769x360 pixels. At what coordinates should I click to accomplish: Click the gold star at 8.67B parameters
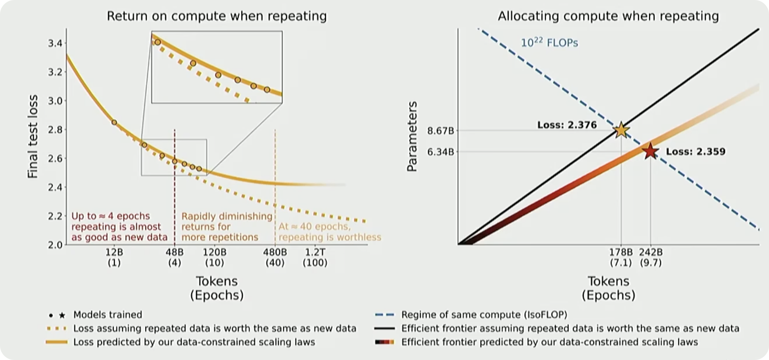(621, 130)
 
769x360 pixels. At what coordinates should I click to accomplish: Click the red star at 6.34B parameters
(650, 152)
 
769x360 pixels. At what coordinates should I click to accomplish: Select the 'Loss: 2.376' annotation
(567, 125)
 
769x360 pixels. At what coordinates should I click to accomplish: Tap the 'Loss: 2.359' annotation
(695, 152)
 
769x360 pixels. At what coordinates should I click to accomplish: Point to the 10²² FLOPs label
(549, 43)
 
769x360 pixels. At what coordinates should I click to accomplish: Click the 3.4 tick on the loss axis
(52, 43)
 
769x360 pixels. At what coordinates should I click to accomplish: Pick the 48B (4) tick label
(174, 258)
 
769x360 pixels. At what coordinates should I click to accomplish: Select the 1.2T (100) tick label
(315, 258)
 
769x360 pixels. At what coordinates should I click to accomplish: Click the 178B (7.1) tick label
(621, 258)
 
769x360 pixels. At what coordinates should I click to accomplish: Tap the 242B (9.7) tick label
(650, 258)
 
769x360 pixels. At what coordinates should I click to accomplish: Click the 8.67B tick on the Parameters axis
(440, 131)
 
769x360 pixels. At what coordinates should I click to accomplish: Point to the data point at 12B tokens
(114, 122)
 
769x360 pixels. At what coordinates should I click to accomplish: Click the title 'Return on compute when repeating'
(217, 16)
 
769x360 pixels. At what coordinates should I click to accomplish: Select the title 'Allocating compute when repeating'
(608, 16)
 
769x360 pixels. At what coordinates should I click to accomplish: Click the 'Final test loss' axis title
(33, 137)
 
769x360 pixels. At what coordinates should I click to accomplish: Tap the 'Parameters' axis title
(412, 137)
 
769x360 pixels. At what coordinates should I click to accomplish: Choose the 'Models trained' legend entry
(107, 315)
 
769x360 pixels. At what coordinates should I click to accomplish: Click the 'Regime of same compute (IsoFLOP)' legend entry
(484, 315)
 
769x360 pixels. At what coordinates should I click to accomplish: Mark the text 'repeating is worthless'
(330, 237)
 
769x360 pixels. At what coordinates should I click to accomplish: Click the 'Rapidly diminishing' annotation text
(227, 216)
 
